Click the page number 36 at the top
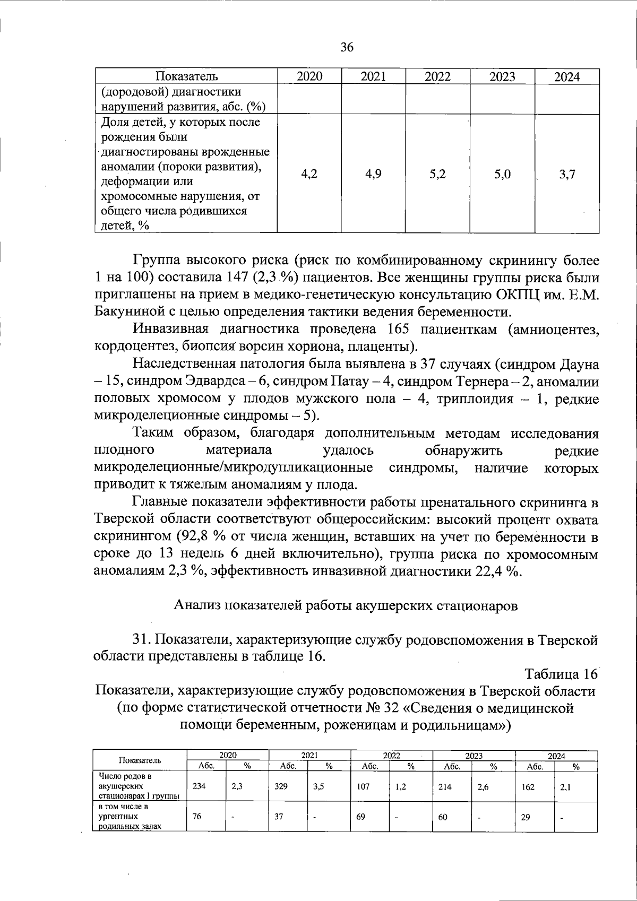pyautogui.click(x=347, y=47)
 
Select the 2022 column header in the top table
pyautogui.click(x=437, y=76)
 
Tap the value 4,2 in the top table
pyautogui.click(x=309, y=174)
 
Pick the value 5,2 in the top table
pyautogui.click(x=437, y=174)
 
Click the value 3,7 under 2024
pyautogui.click(x=567, y=174)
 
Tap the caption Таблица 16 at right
pyautogui.click(x=561, y=674)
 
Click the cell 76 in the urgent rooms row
pyautogui.click(x=196, y=817)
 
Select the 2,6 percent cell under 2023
pyautogui.click(x=483, y=787)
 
